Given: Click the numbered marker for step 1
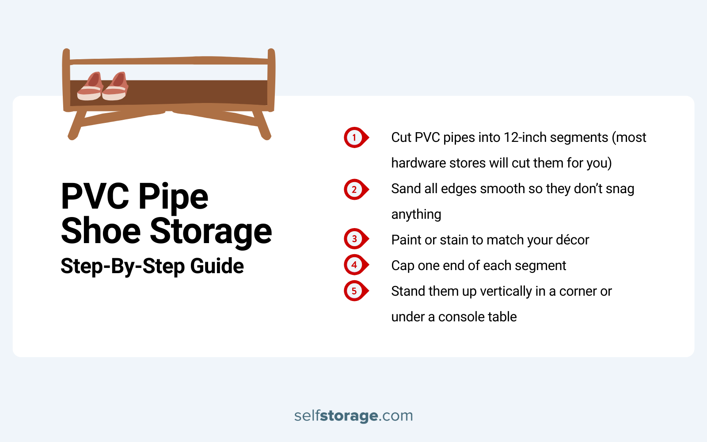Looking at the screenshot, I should [x=354, y=137].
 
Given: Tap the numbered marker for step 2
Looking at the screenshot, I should [x=354, y=190].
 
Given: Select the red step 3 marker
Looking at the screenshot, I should [x=354, y=239].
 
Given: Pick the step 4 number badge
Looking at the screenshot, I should [x=354, y=265].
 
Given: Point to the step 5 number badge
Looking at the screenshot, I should [x=354, y=291].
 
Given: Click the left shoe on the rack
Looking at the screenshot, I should [x=90, y=87].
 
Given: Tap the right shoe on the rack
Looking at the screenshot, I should [x=116, y=87].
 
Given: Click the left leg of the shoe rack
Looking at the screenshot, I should [x=76, y=126].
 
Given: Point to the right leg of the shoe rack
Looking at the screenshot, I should [x=262, y=126].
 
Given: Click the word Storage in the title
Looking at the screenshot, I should [x=211, y=231].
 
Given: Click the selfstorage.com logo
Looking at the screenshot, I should [x=353, y=415].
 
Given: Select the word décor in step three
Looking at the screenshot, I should [x=572, y=240].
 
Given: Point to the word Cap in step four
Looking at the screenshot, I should [x=403, y=266].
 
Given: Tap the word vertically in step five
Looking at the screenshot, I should [x=506, y=291].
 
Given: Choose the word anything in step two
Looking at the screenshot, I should [x=416, y=214].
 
